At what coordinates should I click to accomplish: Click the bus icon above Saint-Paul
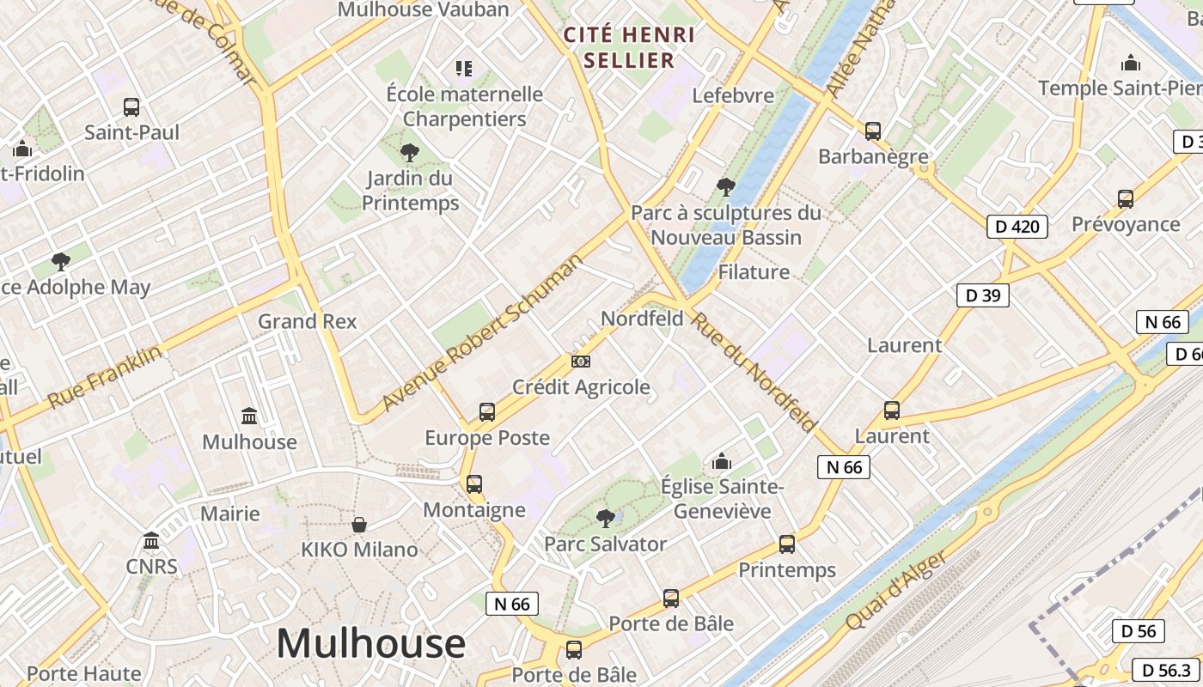[131, 107]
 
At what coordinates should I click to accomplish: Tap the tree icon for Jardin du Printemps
[410, 153]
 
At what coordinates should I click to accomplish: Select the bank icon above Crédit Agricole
[581, 362]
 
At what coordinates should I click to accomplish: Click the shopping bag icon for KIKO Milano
[359, 524]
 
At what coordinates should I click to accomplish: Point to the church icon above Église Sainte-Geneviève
[722, 462]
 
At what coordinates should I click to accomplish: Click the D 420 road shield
[1017, 227]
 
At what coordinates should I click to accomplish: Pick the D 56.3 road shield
[1166, 670]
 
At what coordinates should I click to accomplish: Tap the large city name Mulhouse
[370, 643]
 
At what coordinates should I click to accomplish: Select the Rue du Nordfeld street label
[754, 371]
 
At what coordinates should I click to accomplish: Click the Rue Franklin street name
[105, 377]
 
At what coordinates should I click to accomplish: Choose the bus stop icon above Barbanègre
[873, 131]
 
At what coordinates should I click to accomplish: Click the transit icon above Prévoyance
[1126, 199]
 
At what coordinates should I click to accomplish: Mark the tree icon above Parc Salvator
[606, 518]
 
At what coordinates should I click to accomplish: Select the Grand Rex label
[307, 321]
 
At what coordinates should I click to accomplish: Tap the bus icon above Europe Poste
[487, 412]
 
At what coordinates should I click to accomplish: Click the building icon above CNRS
[151, 541]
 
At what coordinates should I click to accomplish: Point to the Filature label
[753, 272]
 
